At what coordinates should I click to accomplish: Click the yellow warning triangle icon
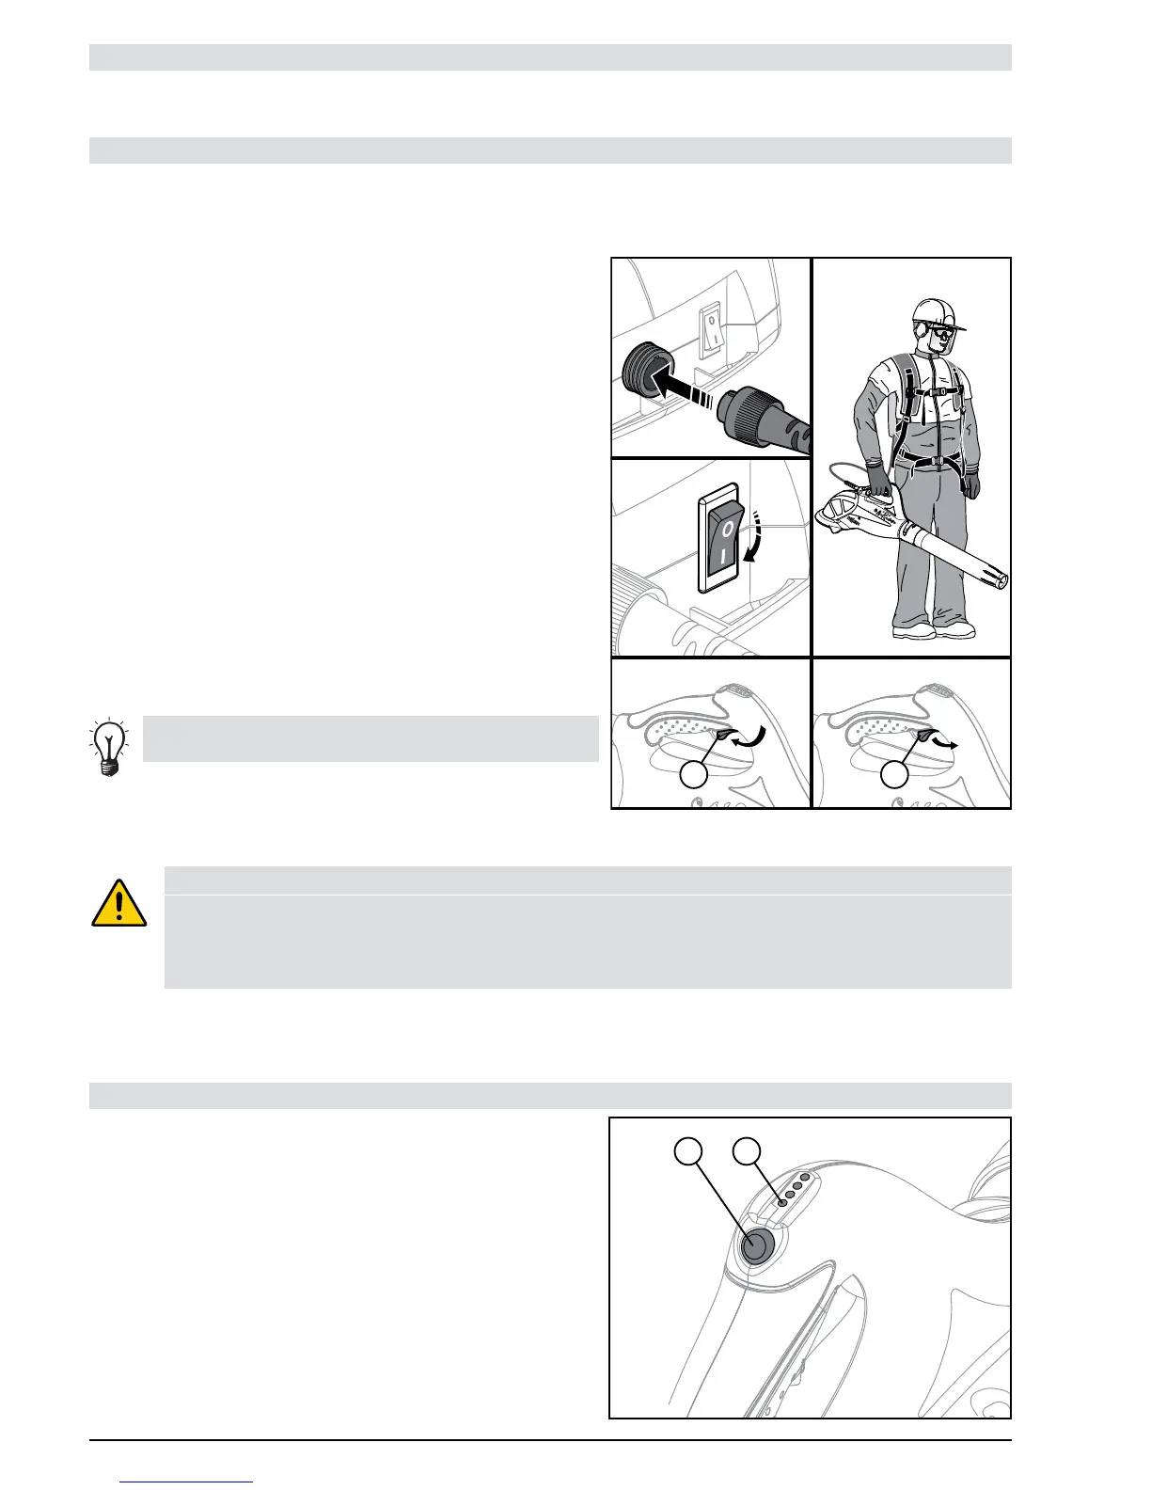point(118,903)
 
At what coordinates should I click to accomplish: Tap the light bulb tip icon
point(110,746)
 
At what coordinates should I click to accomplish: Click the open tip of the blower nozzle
point(1002,579)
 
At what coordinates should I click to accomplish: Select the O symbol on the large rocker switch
point(724,530)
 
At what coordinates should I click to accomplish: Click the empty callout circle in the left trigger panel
point(694,774)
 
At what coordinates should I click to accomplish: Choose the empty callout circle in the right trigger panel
point(894,774)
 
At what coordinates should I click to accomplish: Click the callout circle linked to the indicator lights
point(748,1150)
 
